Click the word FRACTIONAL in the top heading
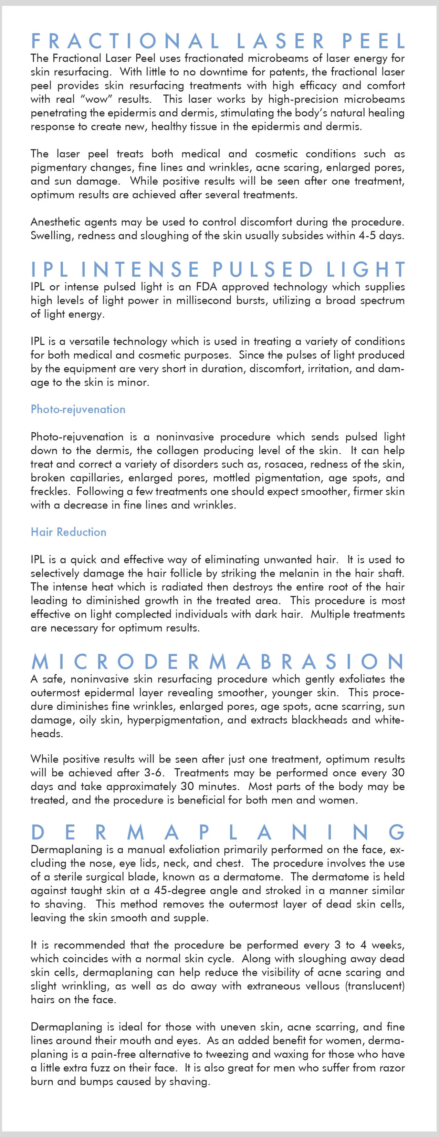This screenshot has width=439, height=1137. (x=125, y=41)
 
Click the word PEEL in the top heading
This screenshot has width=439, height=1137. (x=373, y=41)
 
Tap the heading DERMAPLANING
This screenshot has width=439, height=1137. (x=218, y=832)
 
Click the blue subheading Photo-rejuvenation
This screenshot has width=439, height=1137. (x=78, y=409)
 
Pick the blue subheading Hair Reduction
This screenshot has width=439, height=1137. (x=69, y=532)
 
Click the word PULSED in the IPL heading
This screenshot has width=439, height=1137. (x=263, y=269)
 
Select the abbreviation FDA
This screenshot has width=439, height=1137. (x=207, y=287)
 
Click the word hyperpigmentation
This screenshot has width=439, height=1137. (x=181, y=720)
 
